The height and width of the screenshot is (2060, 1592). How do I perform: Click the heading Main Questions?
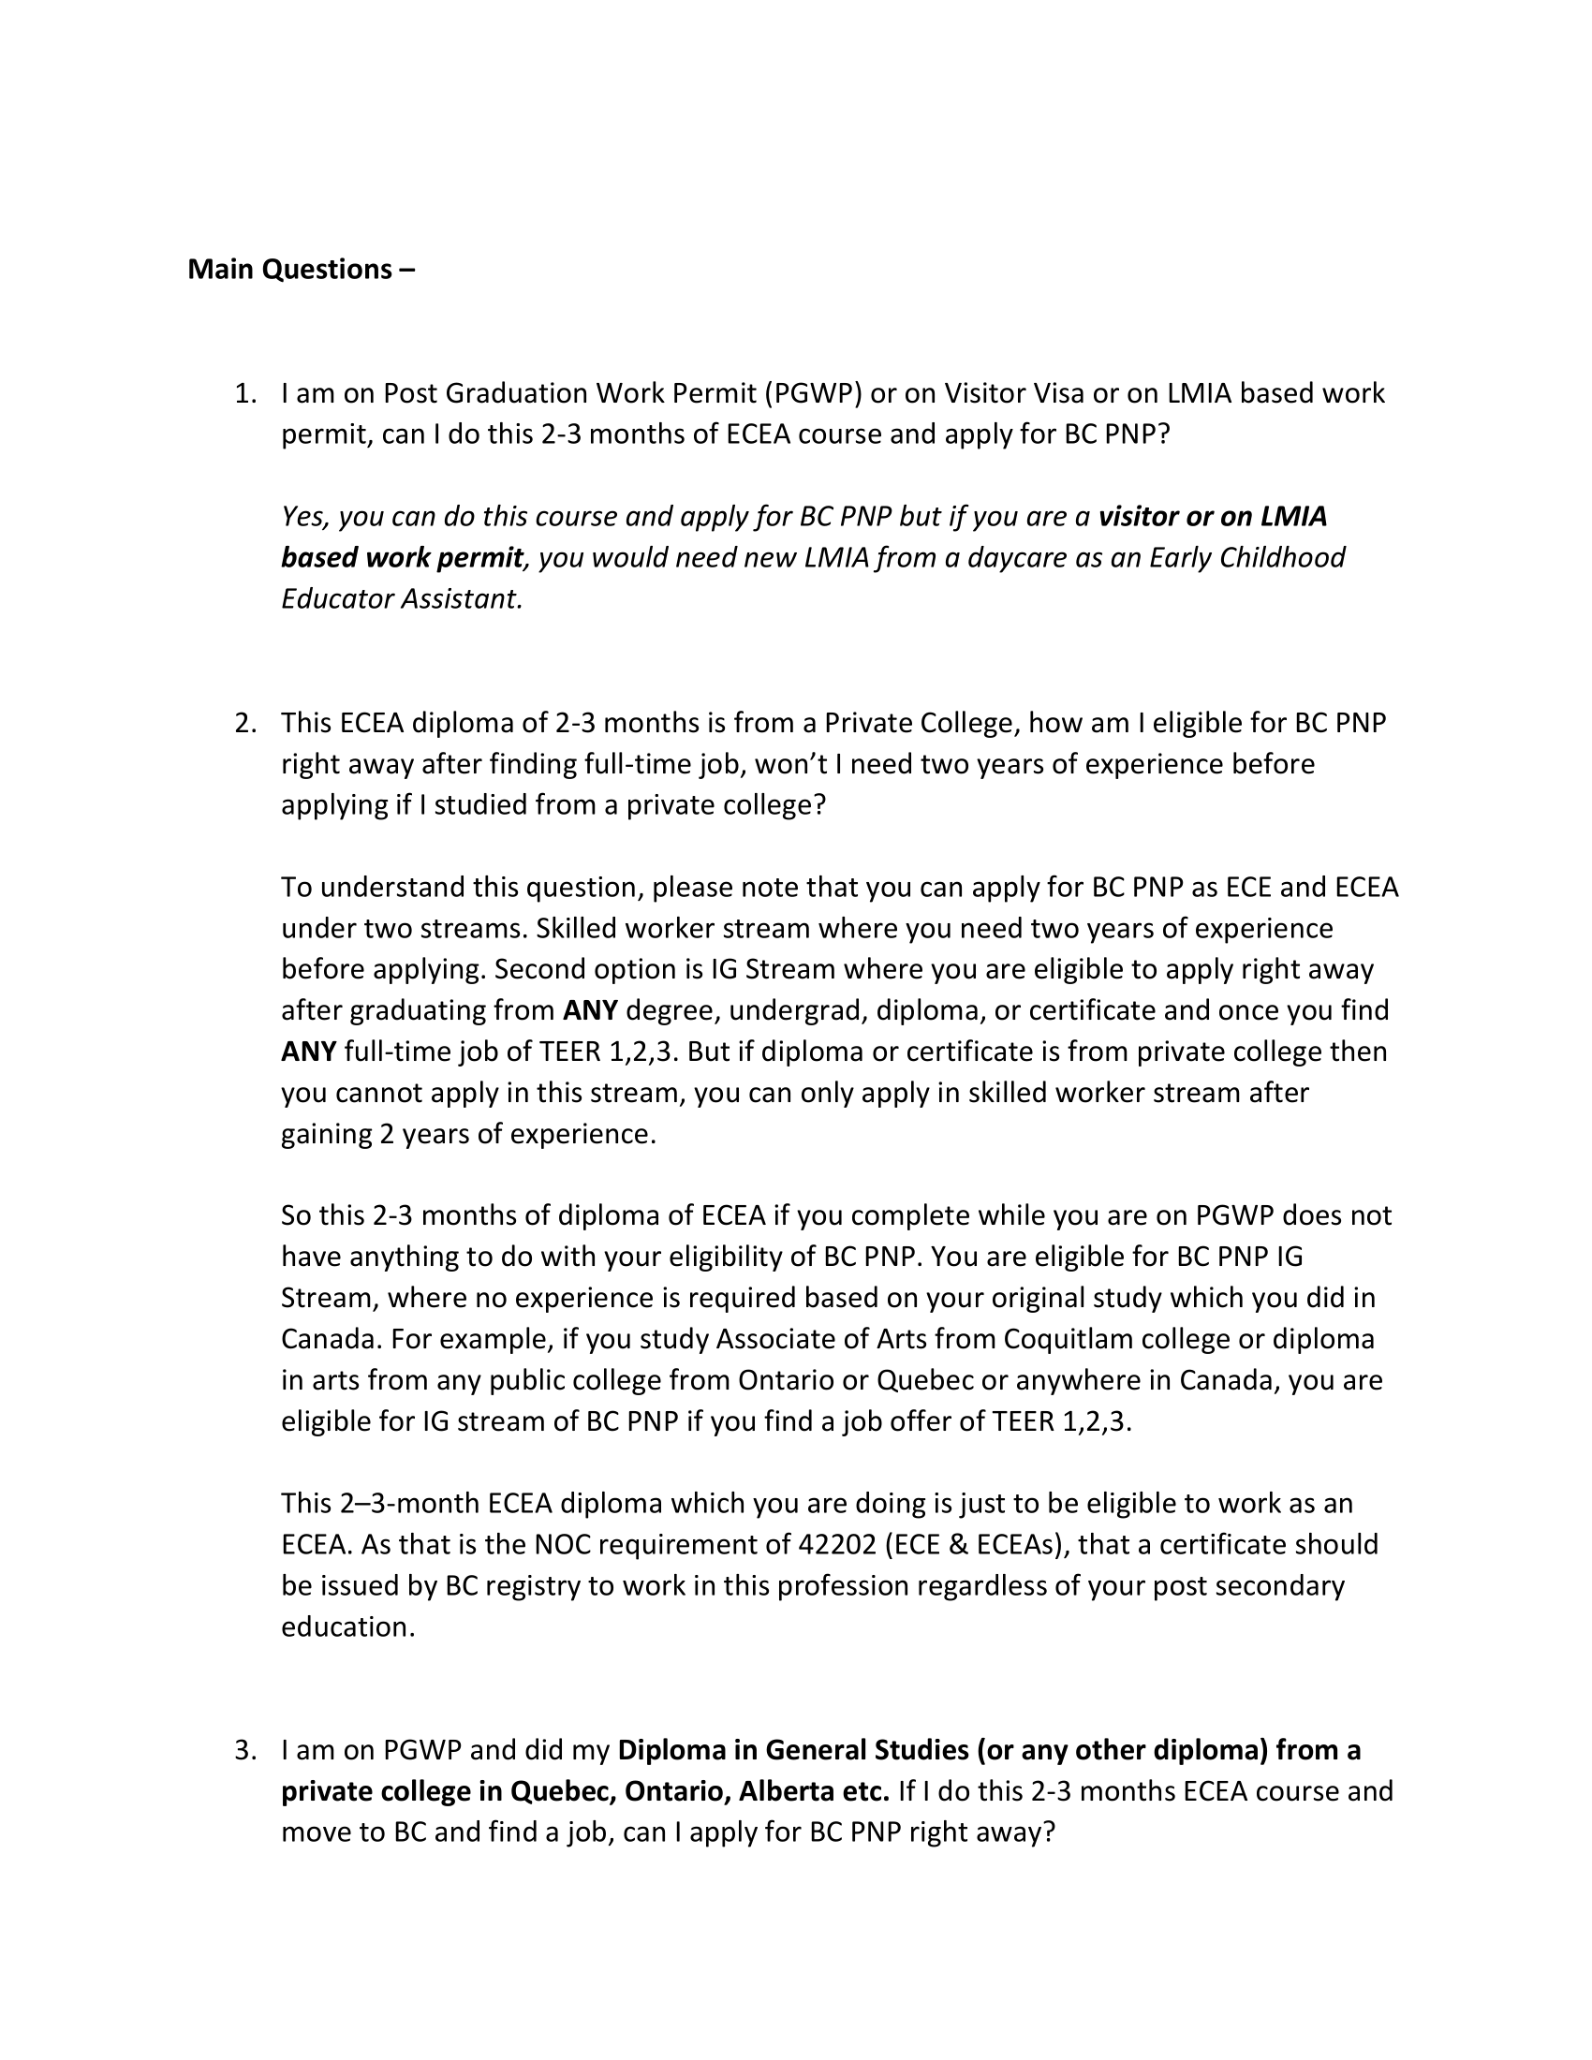click(301, 270)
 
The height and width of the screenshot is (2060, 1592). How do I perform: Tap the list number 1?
click(245, 393)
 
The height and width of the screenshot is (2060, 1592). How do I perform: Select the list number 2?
click(245, 724)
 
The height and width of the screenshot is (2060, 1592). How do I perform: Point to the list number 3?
click(245, 1751)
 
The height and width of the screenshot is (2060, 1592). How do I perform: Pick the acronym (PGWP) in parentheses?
click(813, 393)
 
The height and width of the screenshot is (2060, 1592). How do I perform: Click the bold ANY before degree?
click(589, 1011)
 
